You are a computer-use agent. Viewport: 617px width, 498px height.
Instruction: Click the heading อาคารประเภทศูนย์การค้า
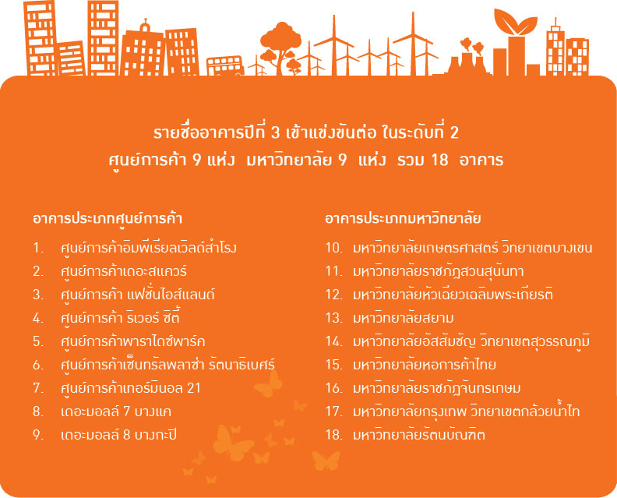click(108, 219)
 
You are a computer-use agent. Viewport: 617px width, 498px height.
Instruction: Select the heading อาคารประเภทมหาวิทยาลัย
click(403, 219)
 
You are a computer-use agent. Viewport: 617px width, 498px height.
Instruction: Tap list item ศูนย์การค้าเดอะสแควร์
click(124, 272)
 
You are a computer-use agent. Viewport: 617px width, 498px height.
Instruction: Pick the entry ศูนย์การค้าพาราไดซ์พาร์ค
click(133, 341)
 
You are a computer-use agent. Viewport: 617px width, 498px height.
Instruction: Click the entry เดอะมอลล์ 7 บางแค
click(116, 411)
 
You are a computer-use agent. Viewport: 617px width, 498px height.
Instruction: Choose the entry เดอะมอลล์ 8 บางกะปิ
click(119, 435)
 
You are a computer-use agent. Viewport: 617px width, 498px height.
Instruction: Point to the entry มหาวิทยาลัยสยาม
click(404, 318)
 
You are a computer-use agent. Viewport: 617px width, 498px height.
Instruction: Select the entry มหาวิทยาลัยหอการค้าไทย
click(424, 365)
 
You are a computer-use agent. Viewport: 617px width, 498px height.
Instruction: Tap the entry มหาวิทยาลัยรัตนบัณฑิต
click(419, 435)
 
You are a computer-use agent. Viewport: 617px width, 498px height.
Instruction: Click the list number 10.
click(334, 248)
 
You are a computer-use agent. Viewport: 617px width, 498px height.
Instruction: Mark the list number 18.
click(334, 435)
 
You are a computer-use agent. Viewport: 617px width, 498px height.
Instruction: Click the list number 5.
click(38, 341)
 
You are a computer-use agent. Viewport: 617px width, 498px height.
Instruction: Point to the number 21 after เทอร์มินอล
click(194, 389)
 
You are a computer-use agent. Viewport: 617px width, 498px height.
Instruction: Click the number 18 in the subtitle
click(439, 161)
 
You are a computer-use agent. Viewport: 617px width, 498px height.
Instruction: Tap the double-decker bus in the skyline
click(225, 65)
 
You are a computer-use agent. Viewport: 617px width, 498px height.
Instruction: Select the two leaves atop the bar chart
click(516, 23)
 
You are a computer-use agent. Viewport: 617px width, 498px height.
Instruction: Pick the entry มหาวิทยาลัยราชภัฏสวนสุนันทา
click(439, 272)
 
